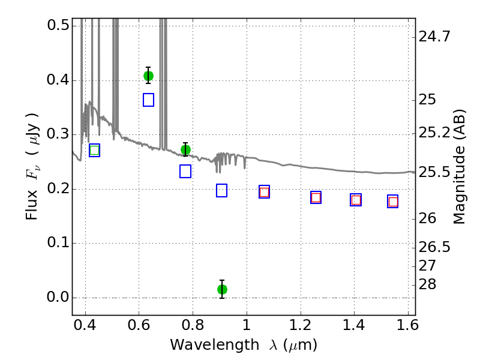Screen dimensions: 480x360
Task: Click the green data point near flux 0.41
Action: point(148,76)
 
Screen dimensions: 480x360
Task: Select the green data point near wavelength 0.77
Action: point(185,149)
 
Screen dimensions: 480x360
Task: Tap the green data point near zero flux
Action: point(222,289)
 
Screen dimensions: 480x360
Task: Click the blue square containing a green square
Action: point(95,151)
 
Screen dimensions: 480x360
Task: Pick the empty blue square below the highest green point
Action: point(148,100)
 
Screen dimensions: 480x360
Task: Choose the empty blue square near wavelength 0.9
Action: point(221,190)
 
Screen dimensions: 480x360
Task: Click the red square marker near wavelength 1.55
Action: point(393,202)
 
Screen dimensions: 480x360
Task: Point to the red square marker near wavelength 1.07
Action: point(264,192)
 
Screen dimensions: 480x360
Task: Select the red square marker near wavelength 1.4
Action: point(356,200)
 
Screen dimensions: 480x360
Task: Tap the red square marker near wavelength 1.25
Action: point(316,197)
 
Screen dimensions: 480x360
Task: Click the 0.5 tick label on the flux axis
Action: point(58,25)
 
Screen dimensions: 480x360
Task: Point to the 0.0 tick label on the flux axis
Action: point(58,297)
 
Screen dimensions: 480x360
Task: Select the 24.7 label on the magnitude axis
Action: point(434,37)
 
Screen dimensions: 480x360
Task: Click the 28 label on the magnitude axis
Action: point(427,284)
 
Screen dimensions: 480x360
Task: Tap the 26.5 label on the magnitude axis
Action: point(434,247)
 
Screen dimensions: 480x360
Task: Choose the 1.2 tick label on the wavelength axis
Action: point(301,325)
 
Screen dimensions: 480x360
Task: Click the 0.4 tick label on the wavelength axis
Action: point(85,325)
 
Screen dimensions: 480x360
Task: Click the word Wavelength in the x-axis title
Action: point(215,346)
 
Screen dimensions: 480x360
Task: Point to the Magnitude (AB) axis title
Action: point(458,167)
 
